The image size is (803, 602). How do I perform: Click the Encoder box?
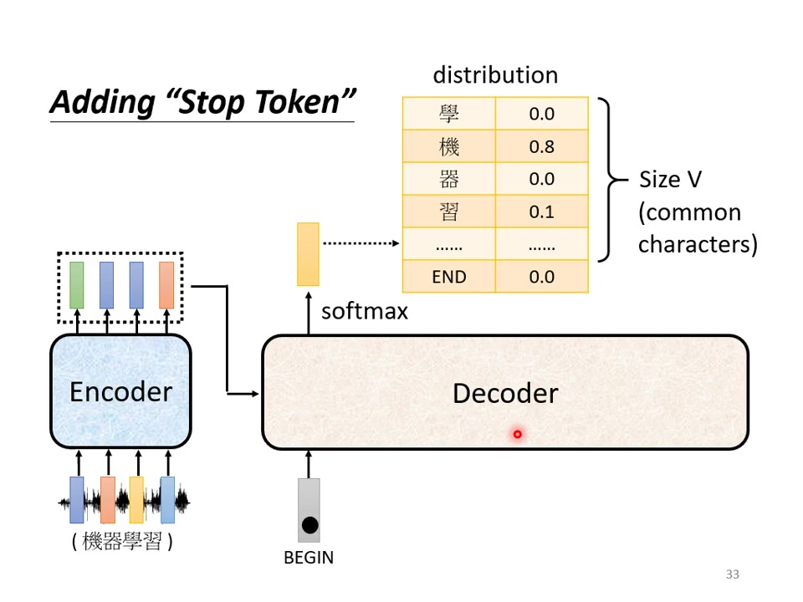(120, 391)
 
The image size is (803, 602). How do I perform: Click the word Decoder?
(505, 393)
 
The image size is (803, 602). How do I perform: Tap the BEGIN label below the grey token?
(309, 558)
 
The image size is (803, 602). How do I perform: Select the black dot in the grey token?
(309, 525)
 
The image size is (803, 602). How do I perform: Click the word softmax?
(365, 311)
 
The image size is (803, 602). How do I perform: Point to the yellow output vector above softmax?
(308, 254)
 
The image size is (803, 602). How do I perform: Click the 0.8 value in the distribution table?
(541, 146)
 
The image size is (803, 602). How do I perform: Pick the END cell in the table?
(449, 277)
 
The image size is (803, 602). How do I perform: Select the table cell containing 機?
(449, 146)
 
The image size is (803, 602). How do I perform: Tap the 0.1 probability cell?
(541, 212)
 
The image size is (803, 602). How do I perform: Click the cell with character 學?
(449, 114)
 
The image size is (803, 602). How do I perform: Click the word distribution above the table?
(495, 74)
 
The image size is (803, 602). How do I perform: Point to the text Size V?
(670, 180)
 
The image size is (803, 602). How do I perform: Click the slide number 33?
(733, 574)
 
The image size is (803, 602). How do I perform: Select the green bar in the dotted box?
(77, 285)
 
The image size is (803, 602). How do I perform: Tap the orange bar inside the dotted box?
(166, 285)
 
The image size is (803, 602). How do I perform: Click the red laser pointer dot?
(518, 434)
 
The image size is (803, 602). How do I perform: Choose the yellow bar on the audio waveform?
(136, 499)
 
